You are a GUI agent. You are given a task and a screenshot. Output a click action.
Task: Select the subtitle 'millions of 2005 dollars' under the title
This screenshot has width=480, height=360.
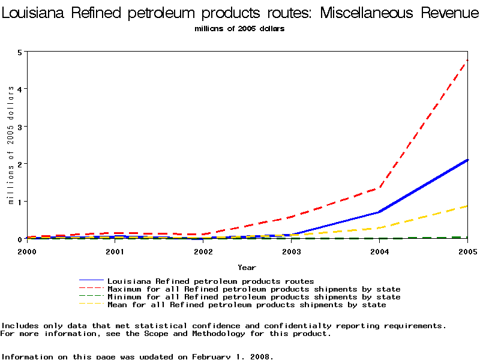239,28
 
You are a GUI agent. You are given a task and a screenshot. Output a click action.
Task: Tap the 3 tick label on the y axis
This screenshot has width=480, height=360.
20,127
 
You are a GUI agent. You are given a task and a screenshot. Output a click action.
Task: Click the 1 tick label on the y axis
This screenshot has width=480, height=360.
20,202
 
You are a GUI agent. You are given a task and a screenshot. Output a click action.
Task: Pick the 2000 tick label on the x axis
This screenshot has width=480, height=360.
27,251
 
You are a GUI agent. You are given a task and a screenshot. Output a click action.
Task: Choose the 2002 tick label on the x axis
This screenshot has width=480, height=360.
203,251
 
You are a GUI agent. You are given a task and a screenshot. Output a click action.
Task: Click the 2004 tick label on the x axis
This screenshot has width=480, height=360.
379,251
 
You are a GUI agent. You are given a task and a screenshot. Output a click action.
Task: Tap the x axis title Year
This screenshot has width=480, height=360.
247,267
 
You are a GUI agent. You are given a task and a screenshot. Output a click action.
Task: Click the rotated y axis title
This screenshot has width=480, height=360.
11,145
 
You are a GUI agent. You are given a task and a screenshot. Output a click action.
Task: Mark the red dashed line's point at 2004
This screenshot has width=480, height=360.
379,188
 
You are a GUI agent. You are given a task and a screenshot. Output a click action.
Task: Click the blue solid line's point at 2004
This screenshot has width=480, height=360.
379,212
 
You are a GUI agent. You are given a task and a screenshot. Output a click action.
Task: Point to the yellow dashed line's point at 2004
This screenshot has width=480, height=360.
379,227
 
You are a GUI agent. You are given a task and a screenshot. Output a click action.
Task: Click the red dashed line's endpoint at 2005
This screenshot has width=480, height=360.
467,60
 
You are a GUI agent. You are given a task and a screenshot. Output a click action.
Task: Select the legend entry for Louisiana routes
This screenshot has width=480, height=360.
210,281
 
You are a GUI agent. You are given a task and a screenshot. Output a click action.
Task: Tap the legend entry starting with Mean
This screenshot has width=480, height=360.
246,304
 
